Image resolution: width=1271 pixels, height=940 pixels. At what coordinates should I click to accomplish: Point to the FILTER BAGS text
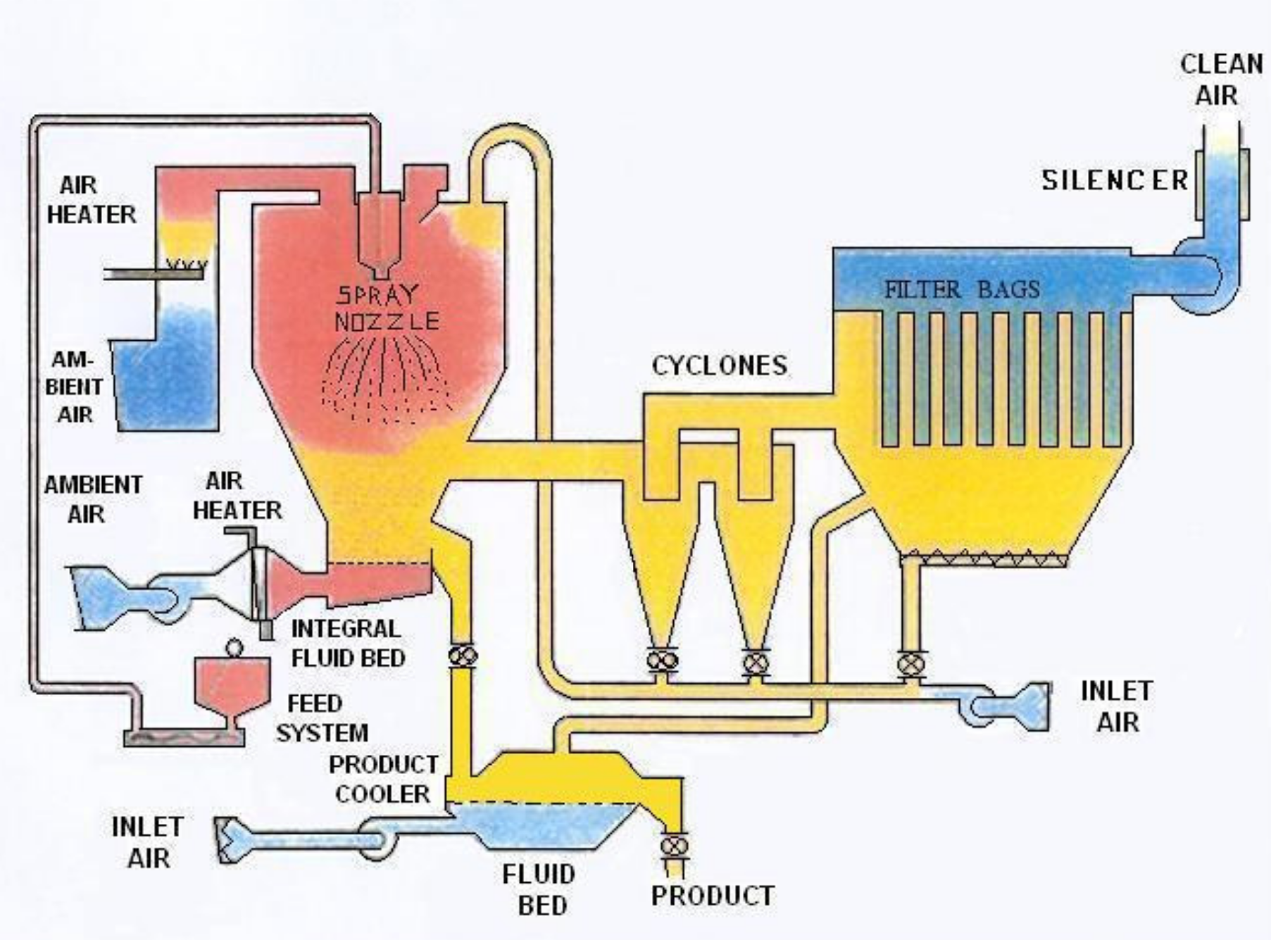coord(962,289)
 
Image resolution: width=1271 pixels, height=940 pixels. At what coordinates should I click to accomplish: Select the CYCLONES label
coord(720,365)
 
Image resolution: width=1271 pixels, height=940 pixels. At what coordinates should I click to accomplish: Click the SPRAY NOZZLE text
coord(387,308)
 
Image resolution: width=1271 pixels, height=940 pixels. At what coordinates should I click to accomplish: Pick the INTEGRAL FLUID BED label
coord(348,644)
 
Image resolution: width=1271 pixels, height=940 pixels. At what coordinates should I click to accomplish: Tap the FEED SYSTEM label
coord(322,718)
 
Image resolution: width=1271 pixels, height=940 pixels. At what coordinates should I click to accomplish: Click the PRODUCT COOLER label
coord(384,779)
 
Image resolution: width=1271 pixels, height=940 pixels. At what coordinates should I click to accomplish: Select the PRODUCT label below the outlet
coord(713,896)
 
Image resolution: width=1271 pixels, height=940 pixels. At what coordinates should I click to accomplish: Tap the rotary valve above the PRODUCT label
coord(675,844)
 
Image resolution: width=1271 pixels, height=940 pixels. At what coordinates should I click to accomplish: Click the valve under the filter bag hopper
coord(912,663)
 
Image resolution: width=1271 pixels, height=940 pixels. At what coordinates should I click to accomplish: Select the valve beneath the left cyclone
coord(662,661)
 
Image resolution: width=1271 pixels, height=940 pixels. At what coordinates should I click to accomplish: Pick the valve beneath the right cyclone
coord(756,662)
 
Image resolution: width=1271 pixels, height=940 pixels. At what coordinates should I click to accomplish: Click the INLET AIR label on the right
coord(1116,706)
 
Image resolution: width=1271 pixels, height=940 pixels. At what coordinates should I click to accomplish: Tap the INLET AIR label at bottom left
coord(147,842)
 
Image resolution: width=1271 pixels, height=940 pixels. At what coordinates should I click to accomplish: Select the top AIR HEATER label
coord(92,200)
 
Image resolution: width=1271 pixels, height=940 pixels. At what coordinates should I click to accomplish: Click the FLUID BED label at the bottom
coord(539,889)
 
